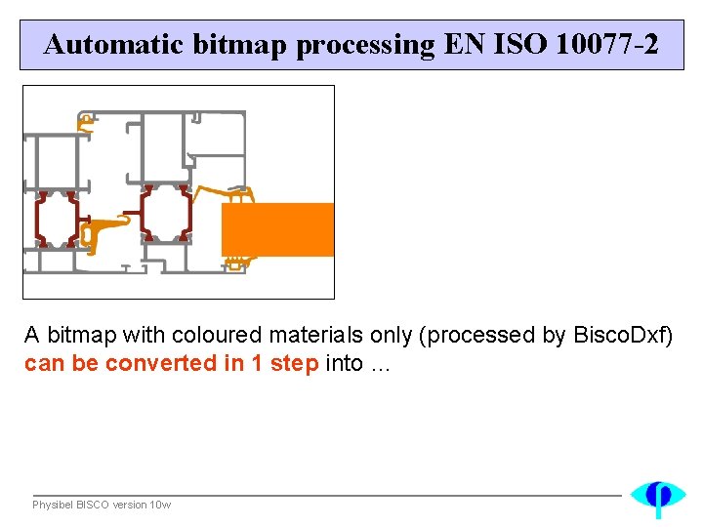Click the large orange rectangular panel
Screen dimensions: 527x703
[278, 229]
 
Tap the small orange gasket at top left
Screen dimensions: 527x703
[86, 122]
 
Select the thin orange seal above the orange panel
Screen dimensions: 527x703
[225, 192]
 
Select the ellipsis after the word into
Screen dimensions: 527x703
[380, 364]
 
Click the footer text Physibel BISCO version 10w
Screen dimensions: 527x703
[102, 505]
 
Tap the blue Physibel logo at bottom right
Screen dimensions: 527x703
[658, 497]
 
